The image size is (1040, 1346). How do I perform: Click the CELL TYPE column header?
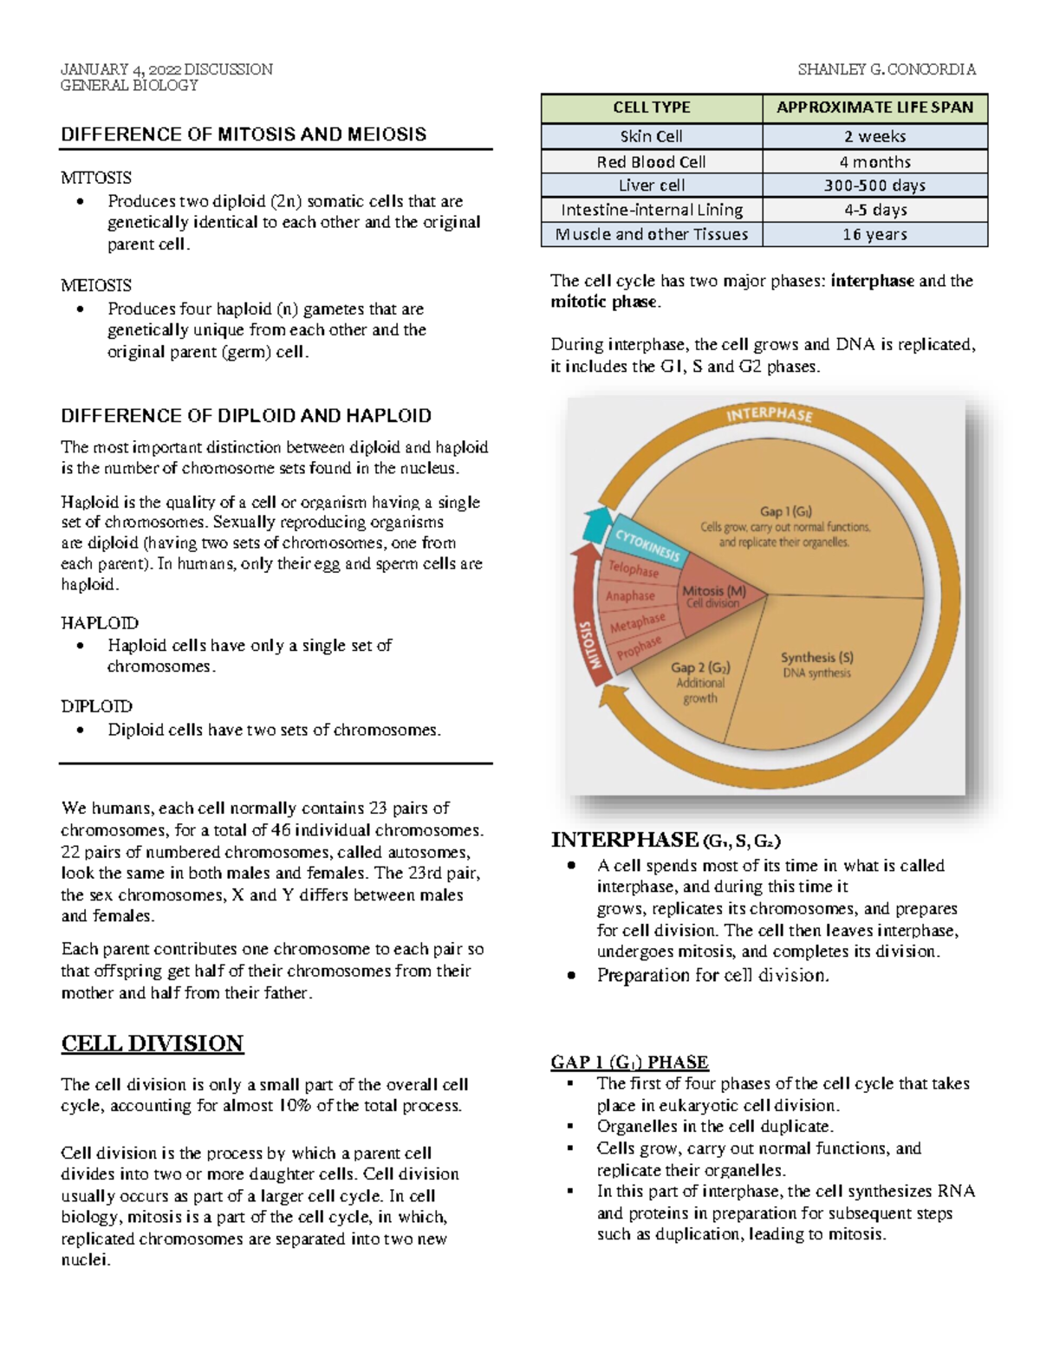[x=652, y=107]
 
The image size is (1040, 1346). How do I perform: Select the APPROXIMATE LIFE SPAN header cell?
[x=874, y=107]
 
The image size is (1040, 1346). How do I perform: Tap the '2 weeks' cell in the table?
[x=874, y=136]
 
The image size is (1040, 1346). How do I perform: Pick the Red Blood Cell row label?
[x=651, y=162]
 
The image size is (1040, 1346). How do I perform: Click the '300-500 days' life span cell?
[x=874, y=185]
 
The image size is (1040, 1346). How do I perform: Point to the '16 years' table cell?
[x=874, y=234]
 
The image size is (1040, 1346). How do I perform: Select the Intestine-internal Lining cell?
[x=651, y=210]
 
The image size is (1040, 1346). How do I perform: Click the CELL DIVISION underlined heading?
[x=153, y=1043]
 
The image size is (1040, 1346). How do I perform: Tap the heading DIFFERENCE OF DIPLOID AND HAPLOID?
[x=246, y=415]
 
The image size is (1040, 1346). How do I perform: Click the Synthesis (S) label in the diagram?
[x=816, y=658]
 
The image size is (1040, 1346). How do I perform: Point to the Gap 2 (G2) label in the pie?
[x=700, y=668]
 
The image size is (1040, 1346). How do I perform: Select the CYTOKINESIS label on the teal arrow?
[x=647, y=545]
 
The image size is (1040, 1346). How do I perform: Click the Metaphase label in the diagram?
[x=637, y=623]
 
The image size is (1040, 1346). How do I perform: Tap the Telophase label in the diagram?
[x=634, y=569]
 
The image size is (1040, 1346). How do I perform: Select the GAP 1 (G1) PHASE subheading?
[x=629, y=1062]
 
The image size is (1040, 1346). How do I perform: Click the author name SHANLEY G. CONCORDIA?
[x=886, y=69]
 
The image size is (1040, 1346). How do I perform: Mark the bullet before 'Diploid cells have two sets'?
[x=81, y=730]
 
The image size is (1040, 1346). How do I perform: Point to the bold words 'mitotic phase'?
[x=605, y=302]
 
